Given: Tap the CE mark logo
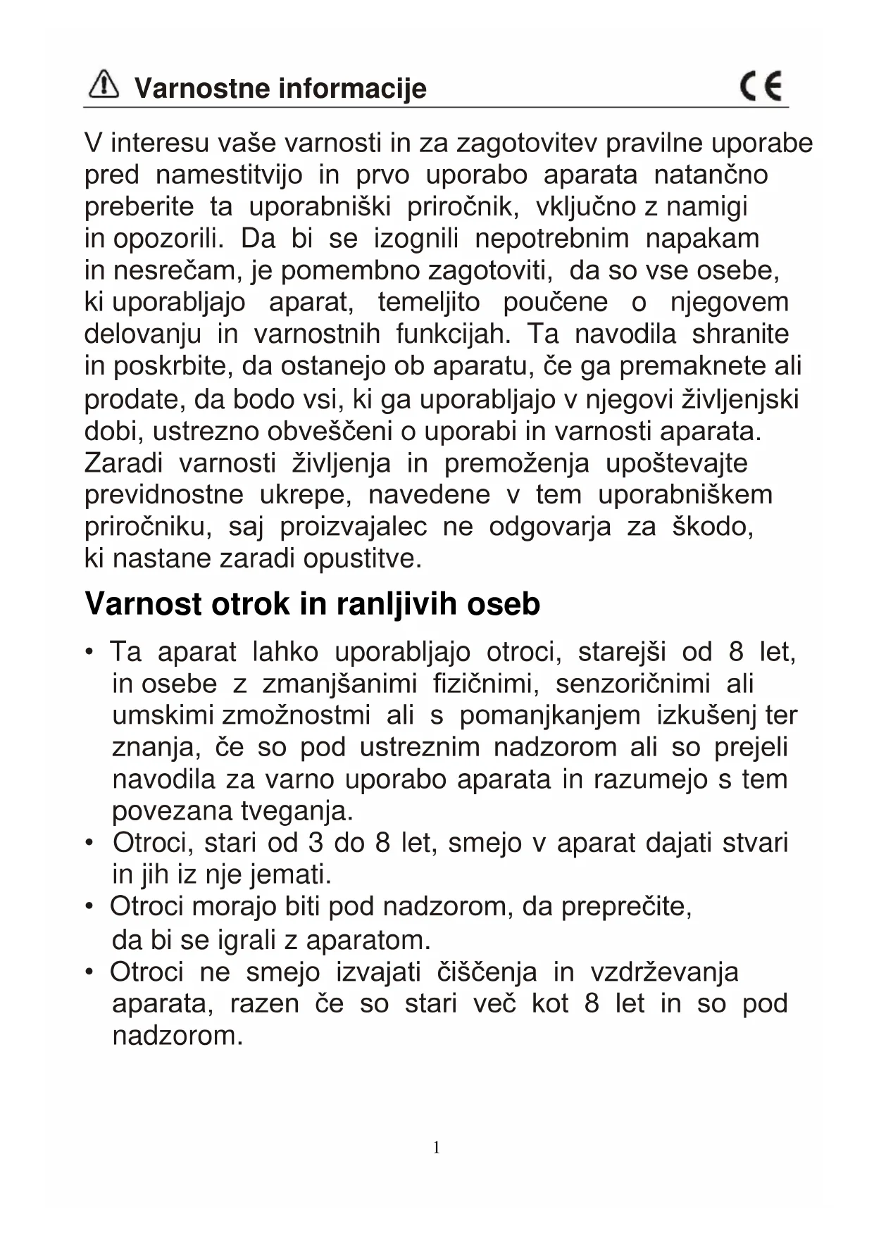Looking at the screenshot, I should [x=761, y=87].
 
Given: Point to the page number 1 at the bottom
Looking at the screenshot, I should [x=436, y=1148].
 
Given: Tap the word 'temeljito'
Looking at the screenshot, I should [x=429, y=303].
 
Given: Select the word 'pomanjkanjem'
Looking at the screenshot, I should [x=550, y=715].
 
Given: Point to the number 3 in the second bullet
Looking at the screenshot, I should [x=314, y=843].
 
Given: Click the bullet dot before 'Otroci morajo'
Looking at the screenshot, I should [x=89, y=906].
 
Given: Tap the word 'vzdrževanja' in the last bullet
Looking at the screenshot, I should [x=664, y=972].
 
